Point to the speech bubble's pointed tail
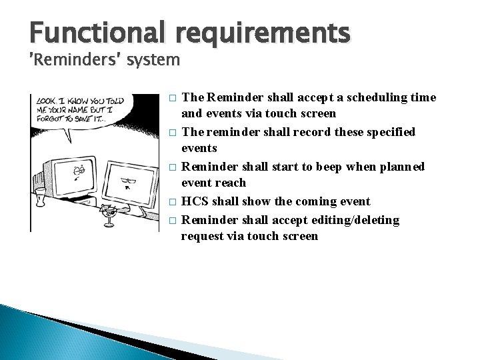point(69,141)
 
